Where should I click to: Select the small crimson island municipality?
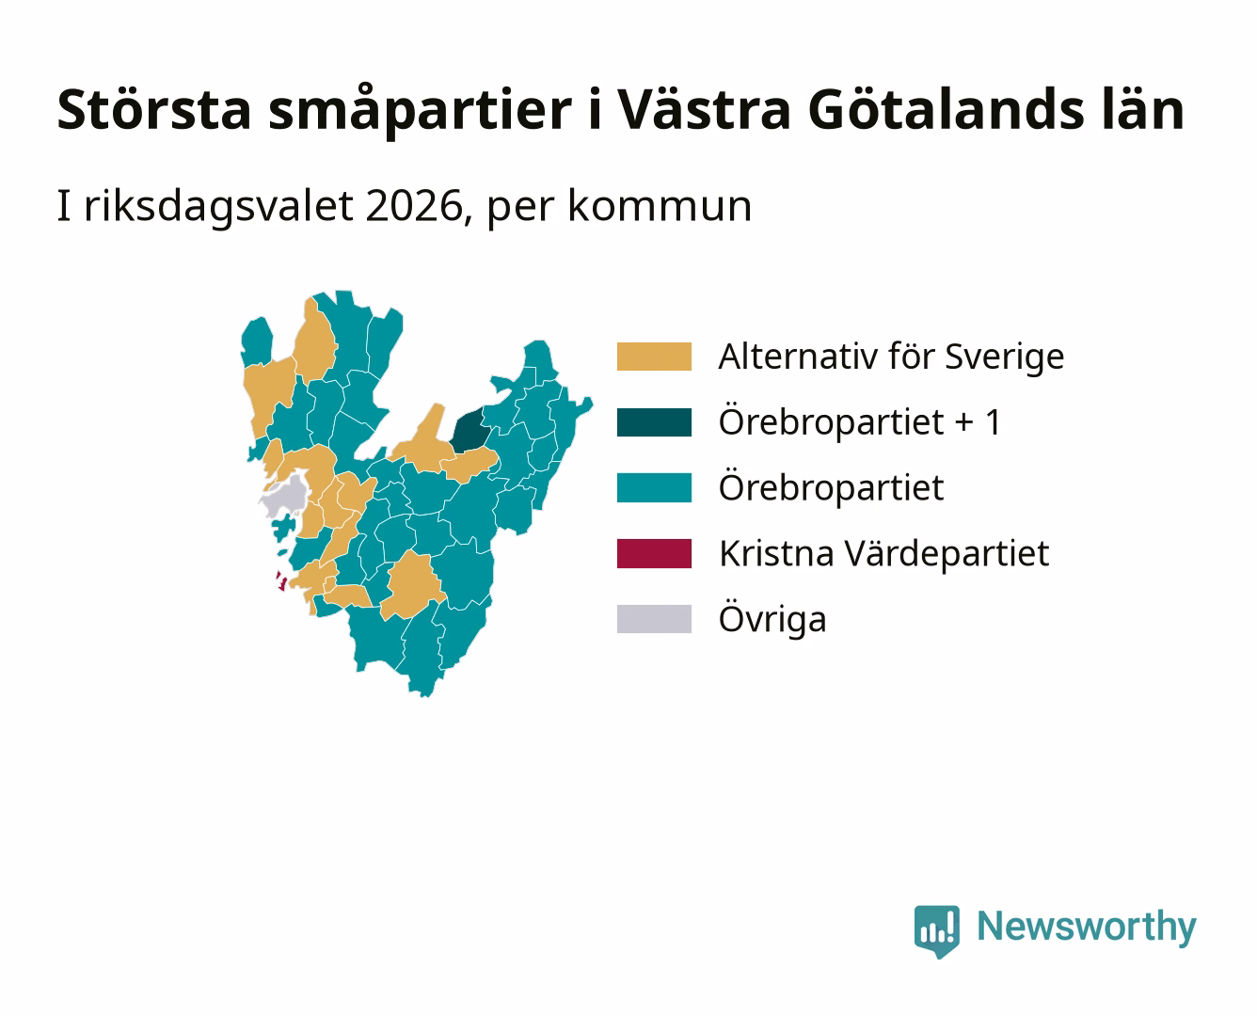coord(281,580)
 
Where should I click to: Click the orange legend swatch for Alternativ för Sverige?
coord(654,357)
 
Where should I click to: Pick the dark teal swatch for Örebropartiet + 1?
coord(654,421)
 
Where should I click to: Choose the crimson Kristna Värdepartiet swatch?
coord(654,553)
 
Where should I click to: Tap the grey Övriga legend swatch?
coord(654,619)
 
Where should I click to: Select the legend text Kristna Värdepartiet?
coord(884,554)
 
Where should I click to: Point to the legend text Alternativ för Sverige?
coord(891,357)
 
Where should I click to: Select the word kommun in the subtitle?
coord(660,206)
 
